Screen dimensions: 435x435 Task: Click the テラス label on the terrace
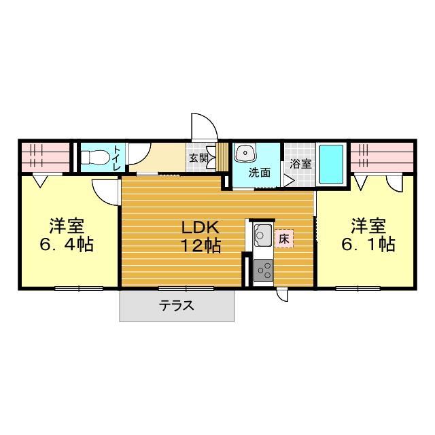[177, 306]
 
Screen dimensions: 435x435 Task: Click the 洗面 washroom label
[258, 173]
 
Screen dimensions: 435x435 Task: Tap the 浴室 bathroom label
[300, 164]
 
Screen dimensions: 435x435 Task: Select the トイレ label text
[118, 158]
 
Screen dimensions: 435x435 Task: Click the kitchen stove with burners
[262, 271]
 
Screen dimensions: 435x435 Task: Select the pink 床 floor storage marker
[283, 239]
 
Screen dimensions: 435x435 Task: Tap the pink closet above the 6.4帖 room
[44, 157]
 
